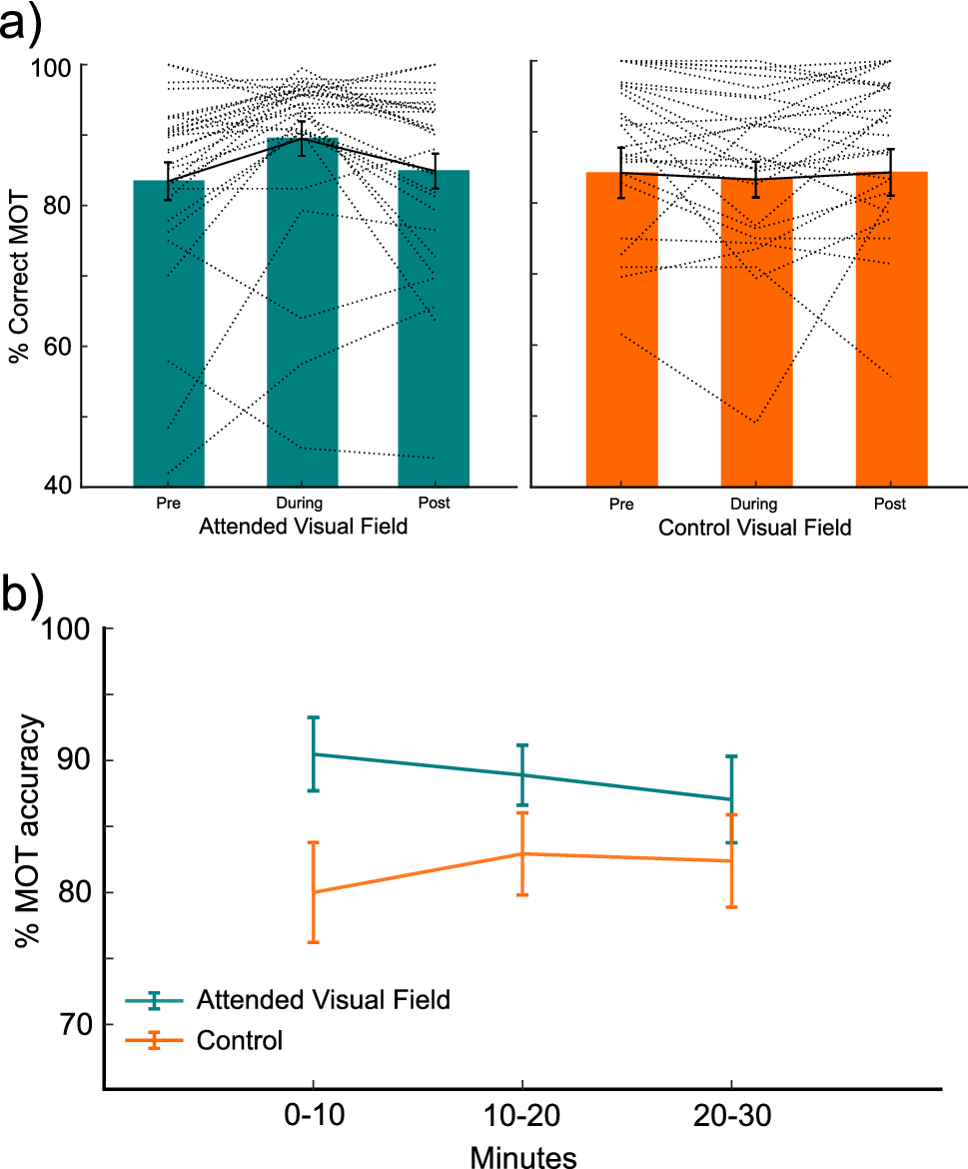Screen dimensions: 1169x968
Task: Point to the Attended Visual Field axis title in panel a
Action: click(x=304, y=527)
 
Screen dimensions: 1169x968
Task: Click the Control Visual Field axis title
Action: click(x=755, y=528)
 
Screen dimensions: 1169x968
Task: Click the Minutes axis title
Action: click(x=522, y=1156)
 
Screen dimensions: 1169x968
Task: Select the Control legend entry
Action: click(x=240, y=1040)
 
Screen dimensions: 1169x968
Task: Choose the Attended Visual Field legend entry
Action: click(x=324, y=998)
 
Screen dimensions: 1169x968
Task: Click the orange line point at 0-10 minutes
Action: click(x=314, y=891)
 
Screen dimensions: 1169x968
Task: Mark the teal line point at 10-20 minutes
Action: click(x=522, y=774)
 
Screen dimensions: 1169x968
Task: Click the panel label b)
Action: click(x=22, y=595)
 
